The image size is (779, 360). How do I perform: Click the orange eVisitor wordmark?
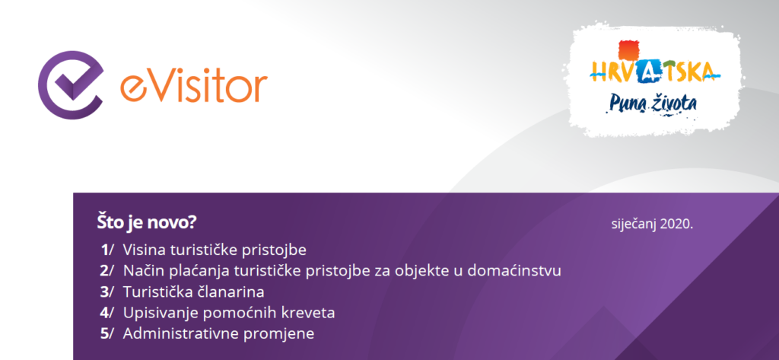click(194, 85)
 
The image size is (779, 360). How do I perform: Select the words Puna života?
click(652, 103)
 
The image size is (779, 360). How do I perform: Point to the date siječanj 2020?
click(652, 224)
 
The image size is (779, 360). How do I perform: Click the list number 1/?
click(107, 250)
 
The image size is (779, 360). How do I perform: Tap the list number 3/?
click(107, 292)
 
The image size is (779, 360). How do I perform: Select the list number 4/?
click(107, 313)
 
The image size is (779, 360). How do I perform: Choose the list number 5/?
click(107, 333)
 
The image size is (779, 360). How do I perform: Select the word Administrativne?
click(181, 333)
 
